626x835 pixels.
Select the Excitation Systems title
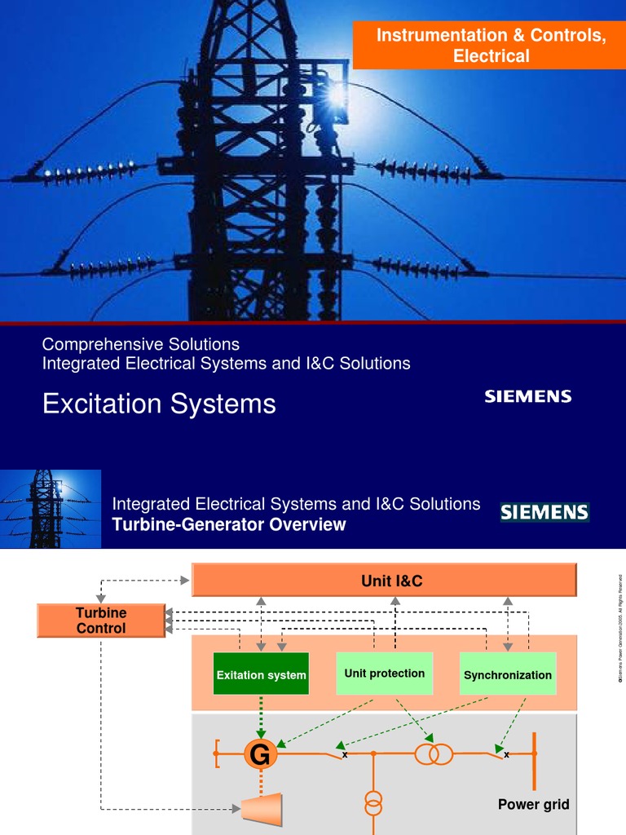[x=159, y=404]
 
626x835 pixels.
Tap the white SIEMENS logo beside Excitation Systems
[x=528, y=397]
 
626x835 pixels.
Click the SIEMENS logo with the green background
[x=544, y=512]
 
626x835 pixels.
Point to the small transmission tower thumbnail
[x=51, y=509]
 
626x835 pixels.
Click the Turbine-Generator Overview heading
[x=229, y=525]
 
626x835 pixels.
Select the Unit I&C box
[x=384, y=581]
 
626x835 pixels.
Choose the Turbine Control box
[x=101, y=621]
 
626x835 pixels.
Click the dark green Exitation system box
[x=261, y=674]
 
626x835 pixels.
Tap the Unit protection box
[x=384, y=674]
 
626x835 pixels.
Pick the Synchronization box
[x=507, y=674]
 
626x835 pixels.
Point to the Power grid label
[x=533, y=805]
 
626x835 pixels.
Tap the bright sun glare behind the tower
[x=337, y=95]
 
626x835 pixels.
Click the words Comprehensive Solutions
[x=140, y=344]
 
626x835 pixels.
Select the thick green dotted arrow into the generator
[x=261, y=716]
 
